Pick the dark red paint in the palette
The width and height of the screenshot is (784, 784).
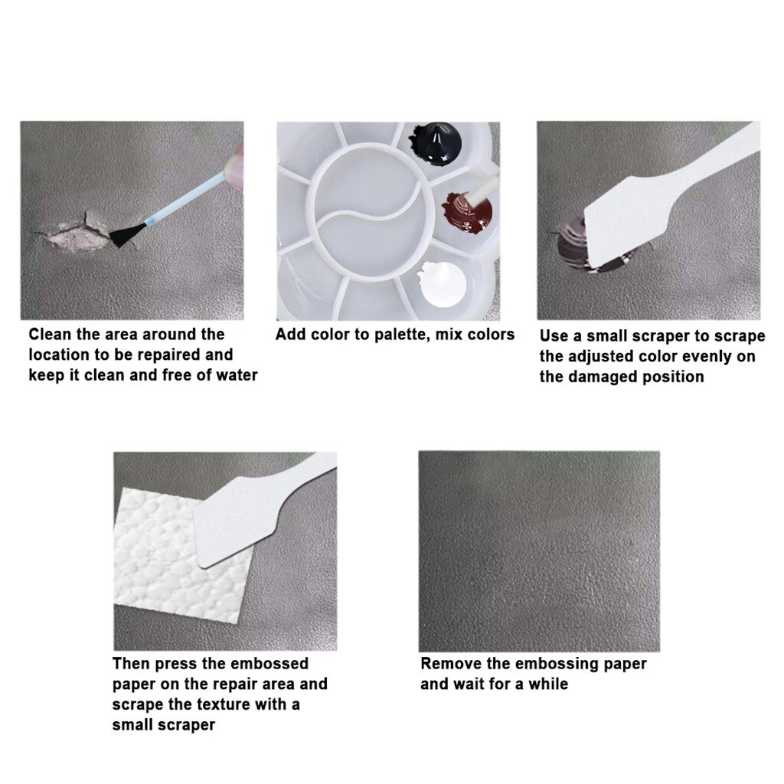(464, 211)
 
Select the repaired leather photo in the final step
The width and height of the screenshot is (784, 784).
(539, 551)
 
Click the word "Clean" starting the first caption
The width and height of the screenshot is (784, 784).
(51, 335)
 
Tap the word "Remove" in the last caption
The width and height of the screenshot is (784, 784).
(451, 664)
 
